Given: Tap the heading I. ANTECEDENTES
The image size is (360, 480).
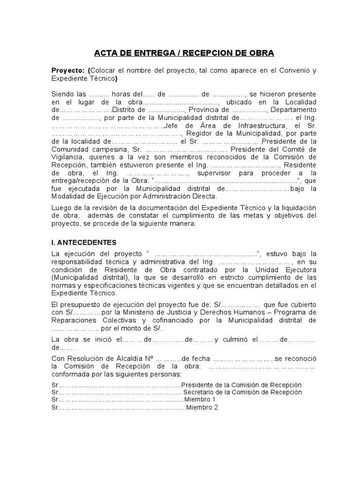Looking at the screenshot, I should click(84, 242).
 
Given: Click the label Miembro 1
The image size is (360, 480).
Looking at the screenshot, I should click(200, 399).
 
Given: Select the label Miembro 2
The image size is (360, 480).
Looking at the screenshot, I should click(202, 407).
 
